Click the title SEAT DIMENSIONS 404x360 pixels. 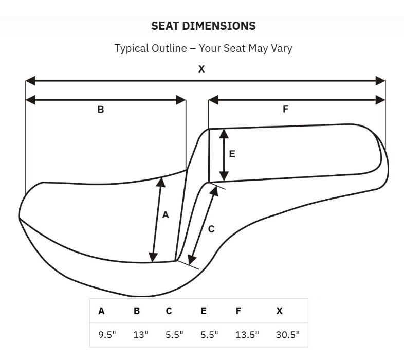tap(204, 26)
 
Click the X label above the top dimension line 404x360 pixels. tap(201, 69)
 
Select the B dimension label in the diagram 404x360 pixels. tap(101, 110)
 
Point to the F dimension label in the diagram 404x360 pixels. tap(285, 109)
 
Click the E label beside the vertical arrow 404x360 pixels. tap(232, 154)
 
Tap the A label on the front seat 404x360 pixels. tap(166, 215)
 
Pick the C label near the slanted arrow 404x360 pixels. tap(211, 229)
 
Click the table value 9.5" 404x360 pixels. tap(107, 335)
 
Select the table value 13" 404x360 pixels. tap(141, 335)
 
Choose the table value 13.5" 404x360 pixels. tap(247, 335)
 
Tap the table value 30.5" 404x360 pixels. tap(287, 335)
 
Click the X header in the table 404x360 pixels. tap(279, 311)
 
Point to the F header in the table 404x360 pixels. tap(238, 311)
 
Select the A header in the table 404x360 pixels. tap(101, 311)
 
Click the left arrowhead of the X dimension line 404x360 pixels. tap(30, 81)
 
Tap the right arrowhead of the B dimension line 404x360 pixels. tap(181, 100)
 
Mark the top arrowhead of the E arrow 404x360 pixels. tap(224, 134)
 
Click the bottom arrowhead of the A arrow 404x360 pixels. tap(153, 258)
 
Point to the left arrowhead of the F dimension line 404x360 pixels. tap(213, 100)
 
